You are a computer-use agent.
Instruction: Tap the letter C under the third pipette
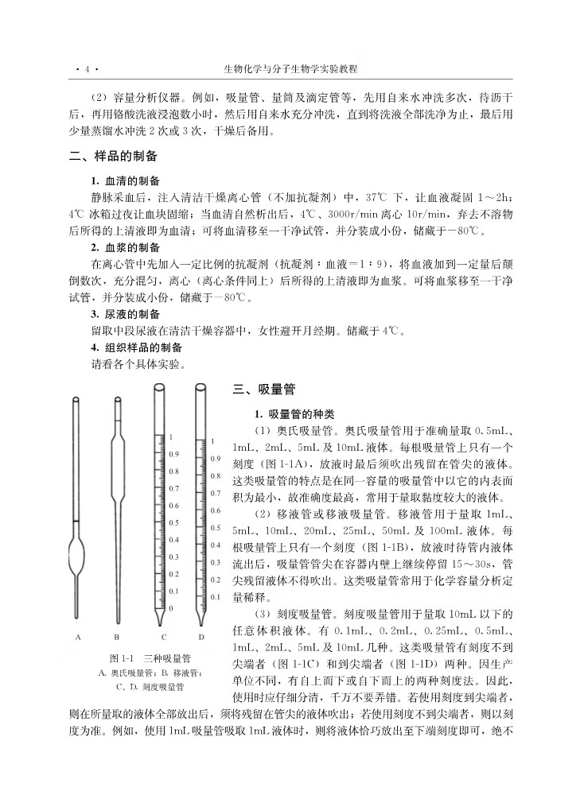pyautogui.click(x=164, y=636)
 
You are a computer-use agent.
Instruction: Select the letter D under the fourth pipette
pyautogui.click(x=201, y=636)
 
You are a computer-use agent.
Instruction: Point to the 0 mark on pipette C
pyautogui.click(x=170, y=608)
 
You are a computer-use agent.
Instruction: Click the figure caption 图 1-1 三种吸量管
pyautogui.click(x=150, y=658)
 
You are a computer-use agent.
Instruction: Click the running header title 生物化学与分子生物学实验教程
pyautogui.click(x=290, y=69)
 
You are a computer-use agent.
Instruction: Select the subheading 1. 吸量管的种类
pyautogui.click(x=295, y=414)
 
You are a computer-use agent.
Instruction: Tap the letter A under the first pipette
pyautogui.click(x=78, y=636)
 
